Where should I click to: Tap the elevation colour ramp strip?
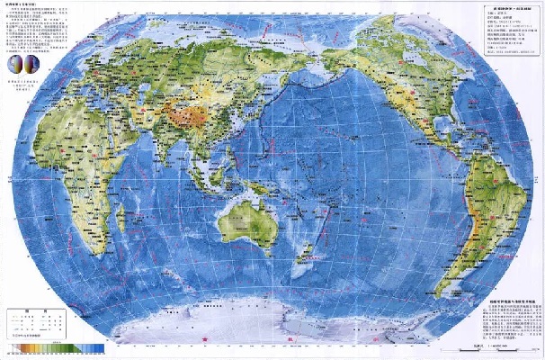[x=54, y=346]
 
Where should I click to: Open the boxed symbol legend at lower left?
[x=36, y=322]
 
